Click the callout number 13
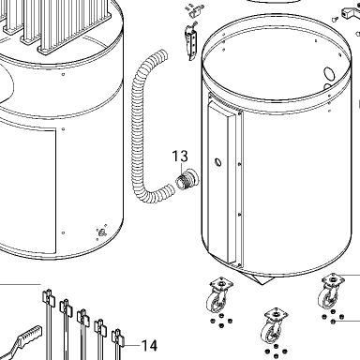pyautogui.click(x=180, y=156)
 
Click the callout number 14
pyautogui.click(x=149, y=346)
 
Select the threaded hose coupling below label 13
pyautogui.click(x=187, y=179)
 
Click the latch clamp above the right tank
pyautogui.click(x=192, y=42)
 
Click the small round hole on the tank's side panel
pyautogui.click(x=217, y=162)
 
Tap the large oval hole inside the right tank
pyautogui.click(x=329, y=74)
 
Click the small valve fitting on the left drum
pyautogui.click(x=102, y=232)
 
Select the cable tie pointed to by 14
pyautogui.click(x=118, y=344)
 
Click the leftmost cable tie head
pyautogui.click(x=48, y=296)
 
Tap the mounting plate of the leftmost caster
pyautogui.click(x=221, y=284)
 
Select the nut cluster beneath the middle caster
pyautogui.click(x=276, y=351)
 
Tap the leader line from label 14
pyautogui.click(x=132, y=345)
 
